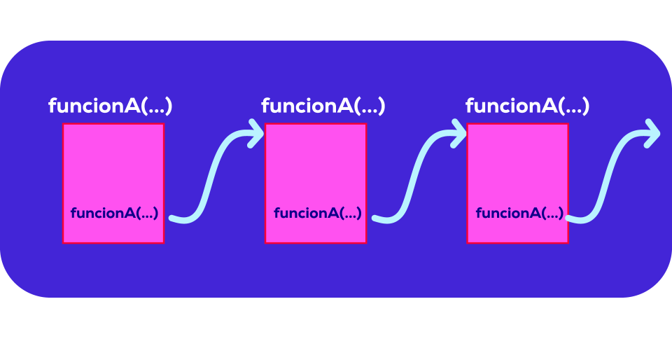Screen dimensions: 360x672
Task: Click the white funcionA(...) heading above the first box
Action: [x=110, y=106]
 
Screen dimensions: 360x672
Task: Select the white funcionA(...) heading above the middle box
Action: [x=323, y=106]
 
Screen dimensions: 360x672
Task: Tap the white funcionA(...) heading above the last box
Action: [x=527, y=106]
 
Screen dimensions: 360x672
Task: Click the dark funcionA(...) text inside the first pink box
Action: [x=114, y=214]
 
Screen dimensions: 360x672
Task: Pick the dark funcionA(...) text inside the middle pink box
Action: [x=317, y=214]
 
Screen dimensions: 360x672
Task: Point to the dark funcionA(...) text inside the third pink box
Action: [x=519, y=214]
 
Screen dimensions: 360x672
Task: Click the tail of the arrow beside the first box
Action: [x=175, y=219]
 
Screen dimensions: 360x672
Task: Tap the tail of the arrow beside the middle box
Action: [x=378, y=219]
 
